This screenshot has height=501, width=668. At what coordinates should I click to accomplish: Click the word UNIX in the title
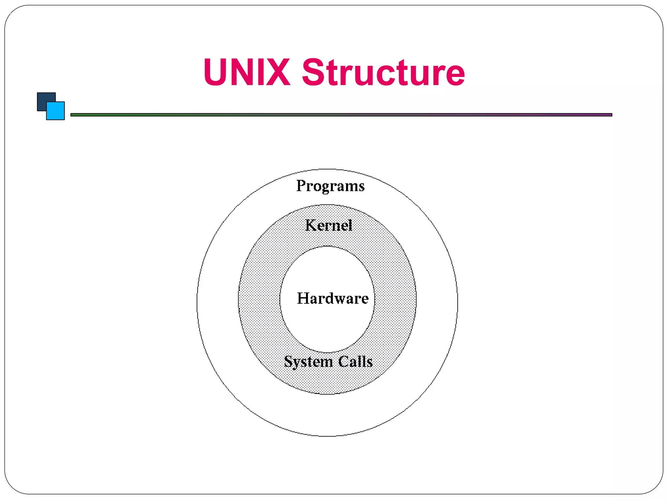pos(247,72)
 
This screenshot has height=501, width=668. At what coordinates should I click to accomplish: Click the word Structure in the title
pos(383,72)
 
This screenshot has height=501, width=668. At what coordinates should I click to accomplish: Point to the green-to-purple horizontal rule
pos(341,115)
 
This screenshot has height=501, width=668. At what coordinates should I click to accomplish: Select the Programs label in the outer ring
pos(330,186)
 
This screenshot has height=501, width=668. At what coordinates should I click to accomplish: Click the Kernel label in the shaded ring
pos(328,225)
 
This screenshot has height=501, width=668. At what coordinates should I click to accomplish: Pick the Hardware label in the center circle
pos(333,298)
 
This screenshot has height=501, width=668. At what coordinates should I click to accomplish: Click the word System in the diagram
pos(308,361)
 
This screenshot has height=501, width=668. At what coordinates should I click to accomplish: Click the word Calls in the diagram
pos(356,361)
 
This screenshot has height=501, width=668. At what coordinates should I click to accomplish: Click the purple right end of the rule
pos(607,115)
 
